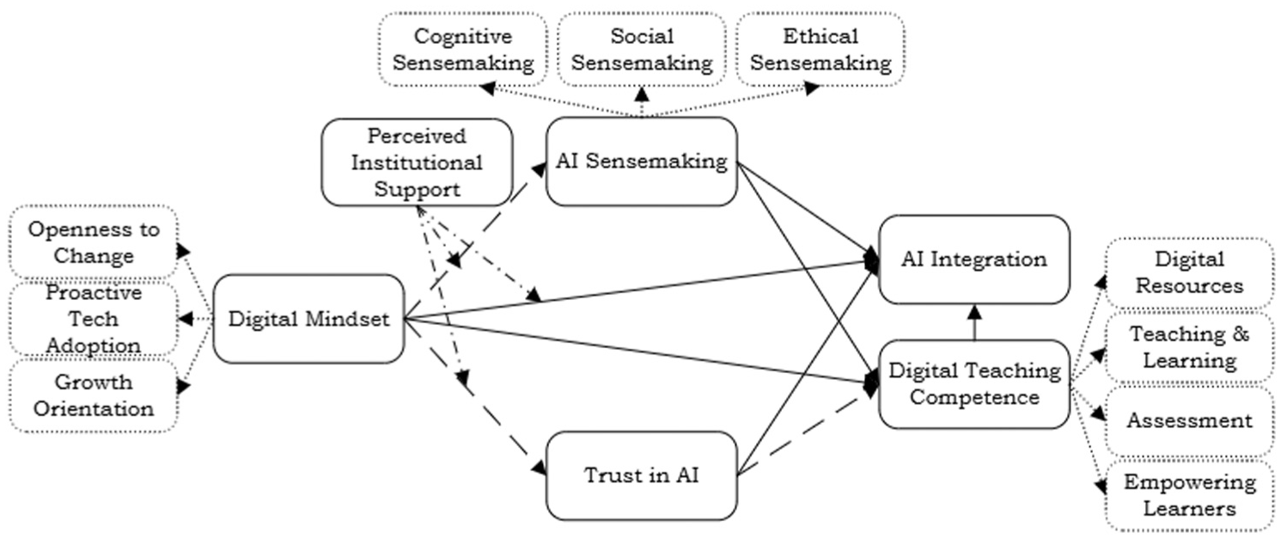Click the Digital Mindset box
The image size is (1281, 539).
(x=308, y=319)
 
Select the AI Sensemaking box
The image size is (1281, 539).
(x=641, y=162)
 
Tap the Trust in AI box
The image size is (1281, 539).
(x=641, y=475)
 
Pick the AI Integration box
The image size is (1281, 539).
(x=973, y=259)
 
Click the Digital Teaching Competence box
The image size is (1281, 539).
(x=973, y=383)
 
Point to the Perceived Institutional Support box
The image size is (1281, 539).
(x=417, y=162)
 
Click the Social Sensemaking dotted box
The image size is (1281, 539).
(x=642, y=49)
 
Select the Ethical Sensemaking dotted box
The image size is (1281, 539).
(x=820, y=49)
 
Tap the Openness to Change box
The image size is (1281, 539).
(x=93, y=242)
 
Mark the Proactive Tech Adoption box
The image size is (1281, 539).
(x=93, y=319)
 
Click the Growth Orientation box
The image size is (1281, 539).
(x=93, y=395)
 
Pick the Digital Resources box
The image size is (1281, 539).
(x=1188, y=273)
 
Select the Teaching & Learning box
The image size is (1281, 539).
(x=1188, y=346)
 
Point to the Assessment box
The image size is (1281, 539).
(x=1188, y=420)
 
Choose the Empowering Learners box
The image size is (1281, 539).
(x=1188, y=494)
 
